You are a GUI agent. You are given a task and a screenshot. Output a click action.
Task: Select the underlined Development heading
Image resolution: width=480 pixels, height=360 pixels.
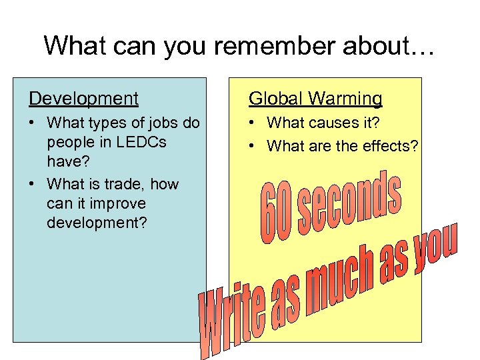click(84, 99)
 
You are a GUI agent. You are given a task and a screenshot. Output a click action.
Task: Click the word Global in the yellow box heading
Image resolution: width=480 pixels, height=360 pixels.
click(275, 99)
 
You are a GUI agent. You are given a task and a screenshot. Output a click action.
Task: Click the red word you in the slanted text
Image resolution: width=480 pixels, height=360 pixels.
click(437, 246)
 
